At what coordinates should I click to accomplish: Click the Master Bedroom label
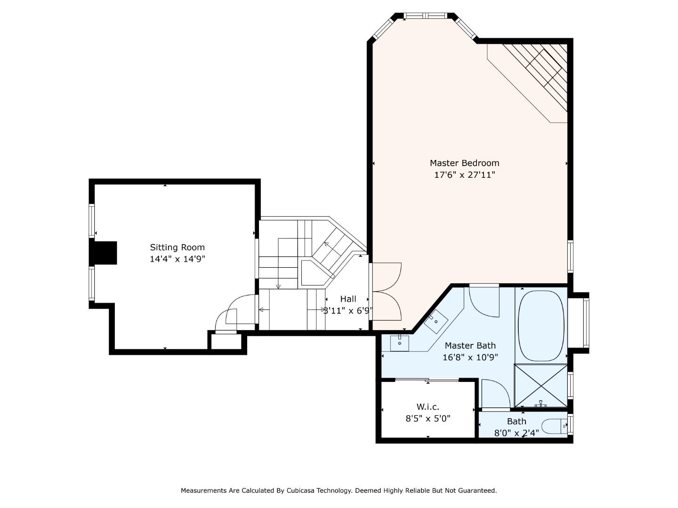pyautogui.click(x=464, y=163)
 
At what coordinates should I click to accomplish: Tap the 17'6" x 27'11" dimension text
pyautogui.click(x=465, y=175)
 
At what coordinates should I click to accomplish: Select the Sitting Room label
pyautogui.click(x=178, y=247)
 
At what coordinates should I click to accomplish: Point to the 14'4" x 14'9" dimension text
pyautogui.click(x=178, y=259)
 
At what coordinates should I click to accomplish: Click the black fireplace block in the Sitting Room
pyautogui.click(x=103, y=253)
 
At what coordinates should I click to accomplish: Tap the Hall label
pyautogui.click(x=348, y=299)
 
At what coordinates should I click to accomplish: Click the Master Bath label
pyautogui.click(x=470, y=345)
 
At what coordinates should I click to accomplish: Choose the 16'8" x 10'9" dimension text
pyautogui.click(x=470, y=357)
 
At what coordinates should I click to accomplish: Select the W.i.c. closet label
pyautogui.click(x=428, y=407)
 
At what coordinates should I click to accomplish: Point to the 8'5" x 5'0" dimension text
pyautogui.click(x=428, y=419)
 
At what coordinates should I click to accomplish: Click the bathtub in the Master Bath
pyautogui.click(x=541, y=325)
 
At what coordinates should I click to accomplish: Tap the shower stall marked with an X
pyautogui.click(x=541, y=386)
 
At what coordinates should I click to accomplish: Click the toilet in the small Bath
pyautogui.click(x=555, y=426)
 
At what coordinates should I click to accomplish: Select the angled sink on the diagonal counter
pyautogui.click(x=436, y=322)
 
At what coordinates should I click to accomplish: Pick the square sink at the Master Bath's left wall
pyautogui.click(x=399, y=343)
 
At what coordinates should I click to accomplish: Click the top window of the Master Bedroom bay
pyautogui.click(x=425, y=16)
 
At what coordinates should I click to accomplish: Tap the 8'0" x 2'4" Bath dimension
pyautogui.click(x=517, y=433)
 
